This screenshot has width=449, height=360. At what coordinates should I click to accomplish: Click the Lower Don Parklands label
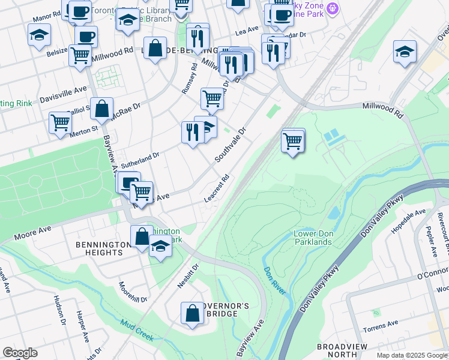click(312, 238)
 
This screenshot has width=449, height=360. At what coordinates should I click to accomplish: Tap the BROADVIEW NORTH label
click(337, 351)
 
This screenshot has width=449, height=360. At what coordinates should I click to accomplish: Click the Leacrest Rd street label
click(217, 188)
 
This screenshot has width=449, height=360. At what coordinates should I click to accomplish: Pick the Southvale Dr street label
click(231, 145)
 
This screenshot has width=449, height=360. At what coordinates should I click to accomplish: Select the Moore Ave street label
click(33, 232)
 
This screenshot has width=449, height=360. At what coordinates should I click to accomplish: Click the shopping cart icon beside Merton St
click(61, 123)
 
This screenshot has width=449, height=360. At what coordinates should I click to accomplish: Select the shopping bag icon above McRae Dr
click(102, 109)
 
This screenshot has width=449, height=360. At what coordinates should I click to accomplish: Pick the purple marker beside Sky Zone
click(334, 8)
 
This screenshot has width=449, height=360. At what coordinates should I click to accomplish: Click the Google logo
click(20, 353)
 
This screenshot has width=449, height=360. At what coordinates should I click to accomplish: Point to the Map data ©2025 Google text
click(411, 355)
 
